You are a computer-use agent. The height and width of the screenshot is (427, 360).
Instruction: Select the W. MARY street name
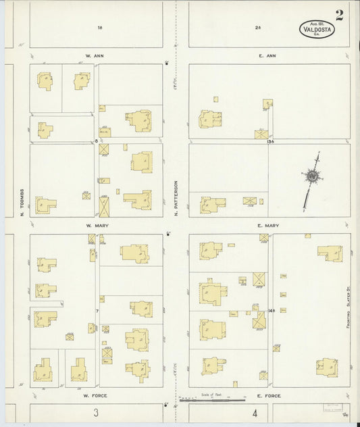[x=93, y=226]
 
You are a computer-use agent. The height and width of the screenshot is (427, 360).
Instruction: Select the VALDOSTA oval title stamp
[x=317, y=29]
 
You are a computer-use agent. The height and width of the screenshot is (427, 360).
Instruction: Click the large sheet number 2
[x=339, y=16]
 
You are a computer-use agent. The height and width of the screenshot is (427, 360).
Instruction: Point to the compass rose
[x=313, y=177]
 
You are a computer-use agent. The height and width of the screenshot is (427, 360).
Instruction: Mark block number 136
[x=271, y=141]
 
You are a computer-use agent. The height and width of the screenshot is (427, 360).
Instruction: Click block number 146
[x=271, y=310]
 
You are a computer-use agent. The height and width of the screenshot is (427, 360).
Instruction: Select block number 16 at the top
[x=99, y=28]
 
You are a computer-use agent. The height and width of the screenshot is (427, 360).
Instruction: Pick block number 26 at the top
[x=258, y=28]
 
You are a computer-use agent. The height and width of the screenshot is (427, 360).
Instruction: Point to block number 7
[x=97, y=311]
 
